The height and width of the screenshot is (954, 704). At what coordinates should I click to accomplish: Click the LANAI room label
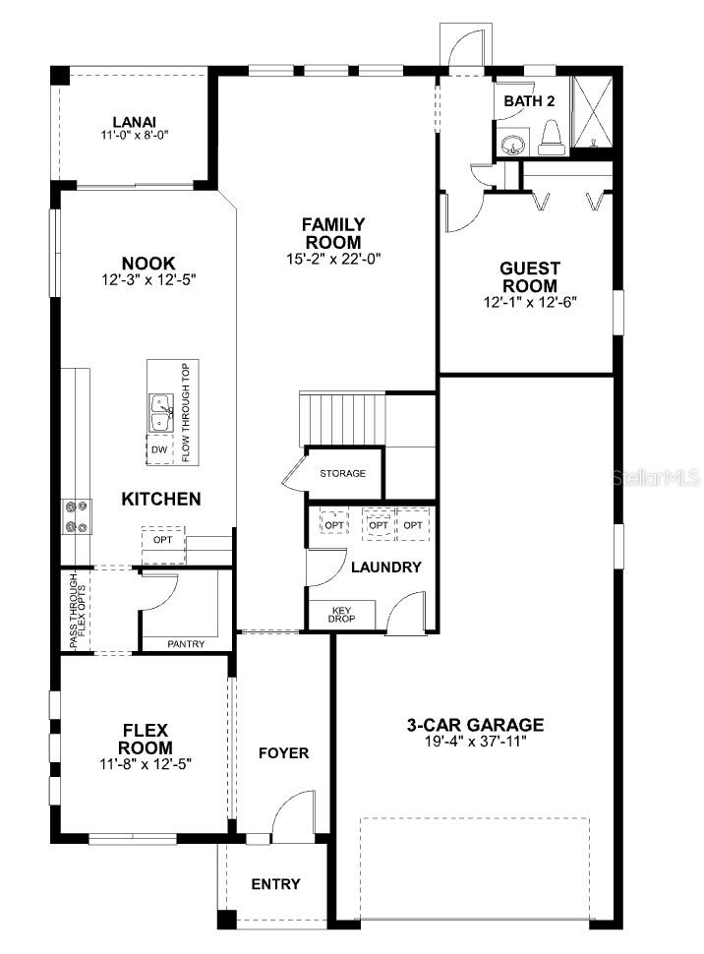click(135, 122)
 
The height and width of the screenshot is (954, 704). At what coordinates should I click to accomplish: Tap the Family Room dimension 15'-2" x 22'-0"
click(333, 260)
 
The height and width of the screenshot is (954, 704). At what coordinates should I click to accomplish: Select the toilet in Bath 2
click(552, 137)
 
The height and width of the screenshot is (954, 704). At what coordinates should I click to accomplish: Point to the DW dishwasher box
click(159, 449)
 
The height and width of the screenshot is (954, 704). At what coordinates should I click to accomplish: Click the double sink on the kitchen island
click(160, 412)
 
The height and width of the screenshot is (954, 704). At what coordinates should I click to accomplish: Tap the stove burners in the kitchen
click(77, 516)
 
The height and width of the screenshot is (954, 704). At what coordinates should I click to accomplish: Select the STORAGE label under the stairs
click(342, 473)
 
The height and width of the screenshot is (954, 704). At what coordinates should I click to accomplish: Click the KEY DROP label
click(341, 615)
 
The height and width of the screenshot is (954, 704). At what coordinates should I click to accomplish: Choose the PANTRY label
click(186, 644)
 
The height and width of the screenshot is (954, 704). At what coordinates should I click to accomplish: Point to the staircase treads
click(342, 420)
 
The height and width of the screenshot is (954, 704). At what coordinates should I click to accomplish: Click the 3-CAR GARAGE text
click(475, 725)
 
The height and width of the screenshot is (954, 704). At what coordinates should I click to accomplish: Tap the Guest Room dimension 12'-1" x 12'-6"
click(530, 302)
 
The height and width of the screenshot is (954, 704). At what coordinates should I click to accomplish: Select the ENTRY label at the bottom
click(275, 884)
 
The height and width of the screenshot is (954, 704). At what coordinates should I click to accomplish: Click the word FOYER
click(283, 753)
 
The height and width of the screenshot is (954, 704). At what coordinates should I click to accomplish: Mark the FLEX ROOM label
click(146, 739)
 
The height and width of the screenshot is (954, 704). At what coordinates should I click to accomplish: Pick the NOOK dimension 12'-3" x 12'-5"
click(149, 280)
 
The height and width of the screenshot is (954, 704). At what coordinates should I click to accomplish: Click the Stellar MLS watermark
click(656, 478)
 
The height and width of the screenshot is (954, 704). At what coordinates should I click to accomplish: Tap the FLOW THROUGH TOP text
click(186, 412)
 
